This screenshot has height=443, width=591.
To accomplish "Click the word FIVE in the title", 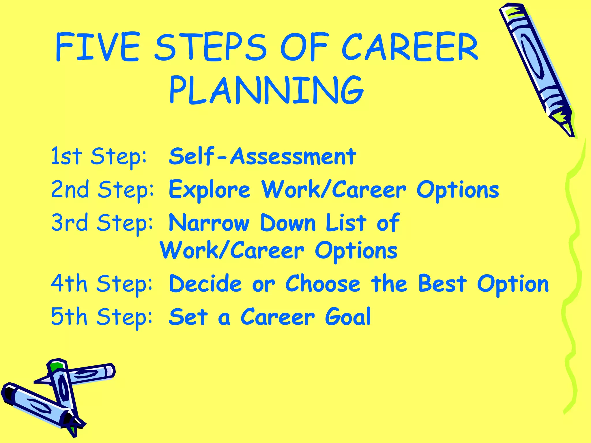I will pos(98,47).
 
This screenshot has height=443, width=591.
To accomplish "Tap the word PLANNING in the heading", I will pos(266,90).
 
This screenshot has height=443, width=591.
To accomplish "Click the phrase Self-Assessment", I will pos(262,156).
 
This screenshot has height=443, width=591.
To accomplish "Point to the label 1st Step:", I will pos(99,156).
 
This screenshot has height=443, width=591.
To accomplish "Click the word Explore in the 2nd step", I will pos(209,190).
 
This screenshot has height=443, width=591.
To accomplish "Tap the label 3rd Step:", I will pos(102,223).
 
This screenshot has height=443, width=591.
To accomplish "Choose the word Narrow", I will pos(209,223).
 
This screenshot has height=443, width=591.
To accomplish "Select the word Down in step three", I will pos(288,223).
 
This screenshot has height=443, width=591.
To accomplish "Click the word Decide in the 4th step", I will pos(205,284).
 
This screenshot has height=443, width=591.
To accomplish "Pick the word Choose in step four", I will pos(323,284).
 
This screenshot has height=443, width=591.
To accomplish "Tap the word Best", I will pos(442,284).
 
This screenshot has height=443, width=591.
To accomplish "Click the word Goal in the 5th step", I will pos(348,317).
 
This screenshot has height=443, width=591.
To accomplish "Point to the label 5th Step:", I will pos(102,317).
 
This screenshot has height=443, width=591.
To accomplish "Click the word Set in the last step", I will pos(188,317).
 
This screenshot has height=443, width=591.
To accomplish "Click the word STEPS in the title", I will pos(210,47).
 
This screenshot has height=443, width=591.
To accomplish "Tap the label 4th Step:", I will pos(102,284).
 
